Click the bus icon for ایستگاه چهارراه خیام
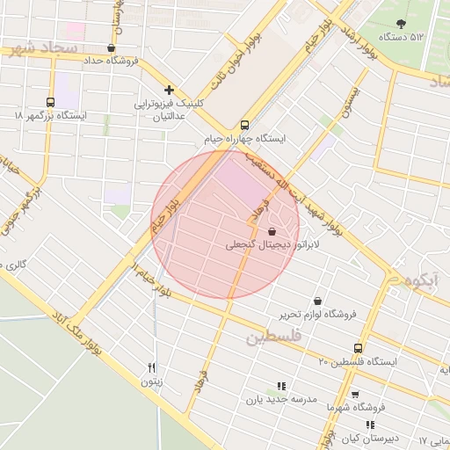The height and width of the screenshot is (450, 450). pyautogui.click(x=244, y=125)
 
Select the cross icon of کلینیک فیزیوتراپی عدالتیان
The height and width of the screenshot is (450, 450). pyautogui.click(x=169, y=90)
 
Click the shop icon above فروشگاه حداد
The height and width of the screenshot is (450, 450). pyautogui.click(x=110, y=47)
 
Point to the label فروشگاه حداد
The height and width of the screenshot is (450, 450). pyautogui.click(x=112, y=61)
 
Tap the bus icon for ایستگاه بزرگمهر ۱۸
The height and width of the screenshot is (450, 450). pyautogui.click(x=49, y=102)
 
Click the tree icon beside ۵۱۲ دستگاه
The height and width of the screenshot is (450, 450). pyautogui.click(x=402, y=25)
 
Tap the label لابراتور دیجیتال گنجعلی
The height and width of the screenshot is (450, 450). pyautogui.click(x=262, y=243)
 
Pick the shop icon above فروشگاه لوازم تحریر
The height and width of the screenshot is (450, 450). pyautogui.click(x=317, y=301)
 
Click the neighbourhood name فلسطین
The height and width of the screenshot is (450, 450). pyautogui.click(x=273, y=337)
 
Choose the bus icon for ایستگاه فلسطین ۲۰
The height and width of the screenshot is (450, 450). pyautogui.click(x=358, y=348)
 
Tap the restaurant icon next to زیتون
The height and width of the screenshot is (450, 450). pyautogui.click(x=152, y=368)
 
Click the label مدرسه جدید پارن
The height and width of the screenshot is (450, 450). pyautogui.click(x=281, y=398)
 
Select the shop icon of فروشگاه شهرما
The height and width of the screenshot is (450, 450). pyautogui.click(x=354, y=395)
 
